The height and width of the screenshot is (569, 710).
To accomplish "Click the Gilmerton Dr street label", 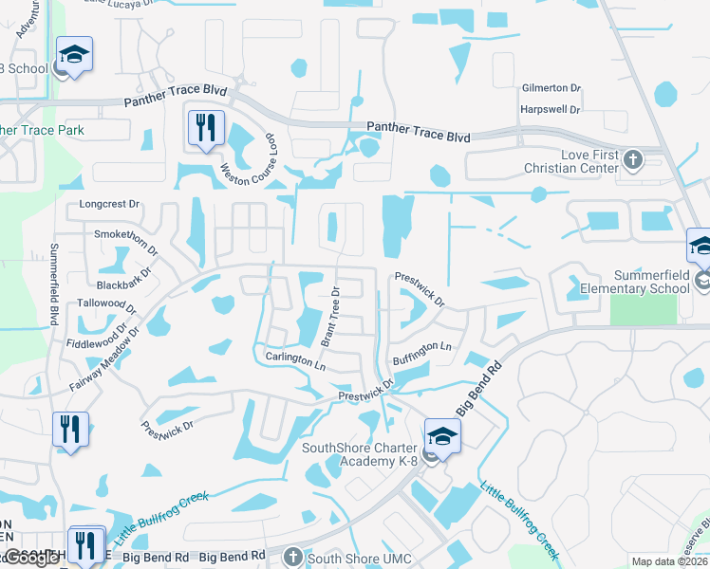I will pyautogui.click(x=551, y=88).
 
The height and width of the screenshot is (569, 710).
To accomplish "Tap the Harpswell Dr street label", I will pyautogui.click(x=551, y=109).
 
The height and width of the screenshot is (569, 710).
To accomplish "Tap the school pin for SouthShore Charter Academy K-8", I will pyautogui.click(x=441, y=436).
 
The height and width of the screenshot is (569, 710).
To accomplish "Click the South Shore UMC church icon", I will pyautogui.click(x=293, y=556).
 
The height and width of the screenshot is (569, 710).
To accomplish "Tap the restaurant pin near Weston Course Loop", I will pyautogui.click(x=206, y=126).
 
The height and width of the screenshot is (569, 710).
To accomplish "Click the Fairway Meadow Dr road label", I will pyautogui.click(x=104, y=360).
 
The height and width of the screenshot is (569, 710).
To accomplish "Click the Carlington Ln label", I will pyautogui.click(x=295, y=360).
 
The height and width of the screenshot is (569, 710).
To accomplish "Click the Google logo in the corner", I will pyautogui.click(x=33, y=557).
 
